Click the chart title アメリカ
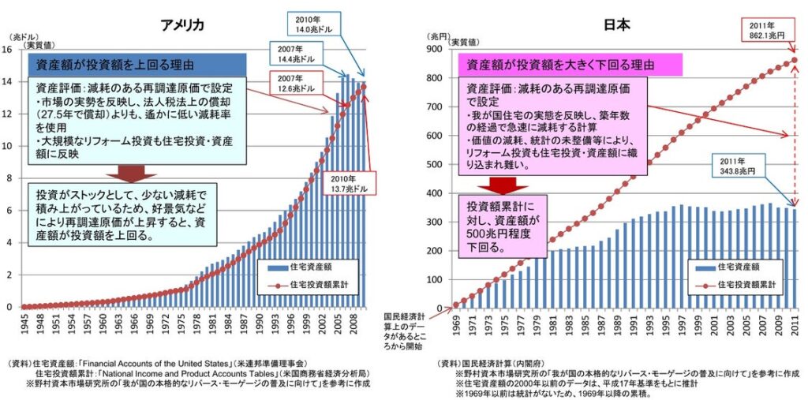182,24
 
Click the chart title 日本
616,24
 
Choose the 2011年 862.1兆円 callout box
767,30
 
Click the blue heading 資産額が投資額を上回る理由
139,64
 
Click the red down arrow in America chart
124,172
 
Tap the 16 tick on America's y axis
7,49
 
